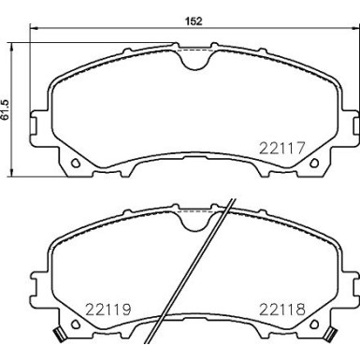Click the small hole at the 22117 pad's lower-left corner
tap(73, 165)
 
